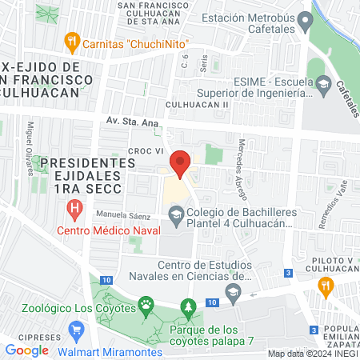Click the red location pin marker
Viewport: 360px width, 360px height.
tap(180, 164)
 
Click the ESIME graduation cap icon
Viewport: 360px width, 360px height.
tap(323, 83)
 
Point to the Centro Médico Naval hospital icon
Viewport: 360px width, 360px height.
tap(74, 211)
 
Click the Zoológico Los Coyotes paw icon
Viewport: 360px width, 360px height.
tap(146, 304)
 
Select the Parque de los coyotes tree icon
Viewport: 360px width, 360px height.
tap(189, 307)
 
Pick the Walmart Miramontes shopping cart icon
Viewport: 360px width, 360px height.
tap(77, 330)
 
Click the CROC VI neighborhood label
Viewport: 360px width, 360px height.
tap(145, 150)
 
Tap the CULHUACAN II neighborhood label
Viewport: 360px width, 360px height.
tap(198, 105)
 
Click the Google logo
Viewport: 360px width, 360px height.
tap(26, 350)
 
